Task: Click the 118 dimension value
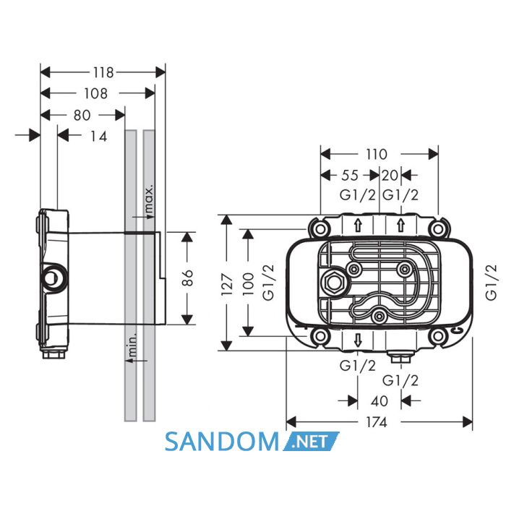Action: [x=103, y=72]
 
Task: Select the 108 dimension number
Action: [x=95, y=93]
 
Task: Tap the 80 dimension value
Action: [x=82, y=115]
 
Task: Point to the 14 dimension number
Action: [x=98, y=137]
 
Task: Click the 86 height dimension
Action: [x=187, y=278]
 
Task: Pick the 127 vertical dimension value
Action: [x=227, y=284]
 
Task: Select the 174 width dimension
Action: [x=377, y=421]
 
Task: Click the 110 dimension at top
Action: [x=377, y=154]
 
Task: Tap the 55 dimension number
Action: [x=350, y=175]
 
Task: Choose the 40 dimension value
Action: [x=379, y=401]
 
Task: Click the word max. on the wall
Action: [x=149, y=199]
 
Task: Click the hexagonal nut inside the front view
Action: [x=333, y=283]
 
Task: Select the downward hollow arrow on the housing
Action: [x=358, y=340]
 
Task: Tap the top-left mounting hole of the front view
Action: [x=320, y=229]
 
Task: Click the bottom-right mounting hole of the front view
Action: [x=437, y=336]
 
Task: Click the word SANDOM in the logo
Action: [x=222, y=441]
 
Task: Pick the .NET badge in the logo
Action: [x=311, y=441]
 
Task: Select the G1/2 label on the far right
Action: [x=491, y=283]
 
